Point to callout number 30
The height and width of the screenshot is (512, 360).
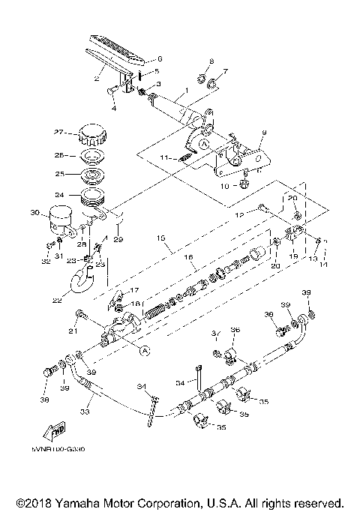(x=34, y=213)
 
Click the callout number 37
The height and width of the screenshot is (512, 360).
(x=214, y=332)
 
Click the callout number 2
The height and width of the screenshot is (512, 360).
(x=96, y=77)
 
